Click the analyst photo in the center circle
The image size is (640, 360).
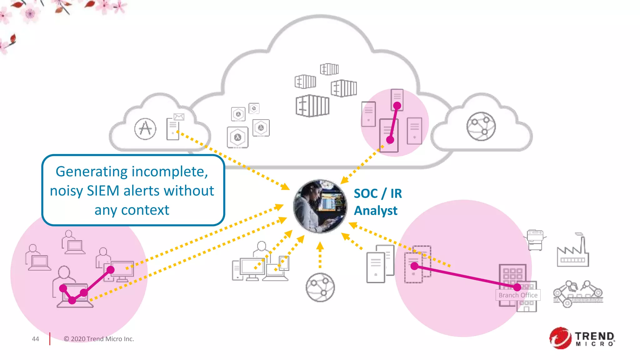coord(320,206)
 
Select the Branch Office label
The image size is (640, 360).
coord(518,295)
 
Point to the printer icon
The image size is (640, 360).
coord(535,240)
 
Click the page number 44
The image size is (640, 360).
coord(35,339)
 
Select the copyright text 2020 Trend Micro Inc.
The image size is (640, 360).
coord(99,339)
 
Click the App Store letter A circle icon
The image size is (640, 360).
coord(145,129)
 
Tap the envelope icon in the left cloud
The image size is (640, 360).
coord(179,117)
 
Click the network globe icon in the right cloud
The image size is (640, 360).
coord(481,127)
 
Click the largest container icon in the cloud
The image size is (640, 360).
coord(312,106)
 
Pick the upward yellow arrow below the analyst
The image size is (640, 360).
coord(320,255)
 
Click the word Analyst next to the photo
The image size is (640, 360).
coord(376,211)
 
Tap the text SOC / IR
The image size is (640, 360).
coord(378,193)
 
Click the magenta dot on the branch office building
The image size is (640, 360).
coord(517,287)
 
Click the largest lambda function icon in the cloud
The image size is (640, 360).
coord(237,137)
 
